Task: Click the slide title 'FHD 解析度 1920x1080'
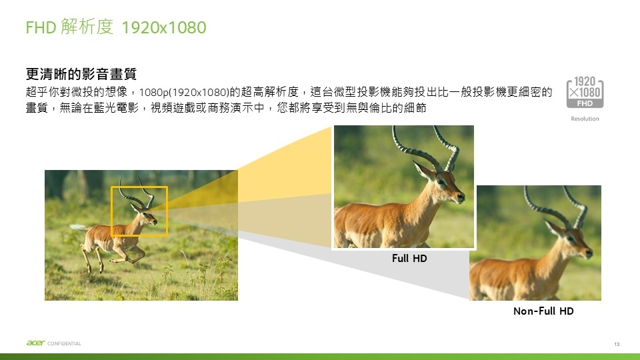(x=116, y=27)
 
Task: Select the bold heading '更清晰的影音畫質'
(x=81, y=74)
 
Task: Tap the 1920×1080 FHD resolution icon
(x=585, y=92)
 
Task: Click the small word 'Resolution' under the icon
(x=585, y=119)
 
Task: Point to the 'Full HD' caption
(x=409, y=259)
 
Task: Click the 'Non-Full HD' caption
(x=543, y=311)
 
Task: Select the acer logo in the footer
(x=35, y=343)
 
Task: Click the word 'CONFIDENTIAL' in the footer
(x=64, y=344)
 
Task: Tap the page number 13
(x=617, y=344)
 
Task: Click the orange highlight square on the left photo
(x=111, y=211)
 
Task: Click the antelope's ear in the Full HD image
(x=423, y=169)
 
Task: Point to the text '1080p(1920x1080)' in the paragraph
(x=184, y=92)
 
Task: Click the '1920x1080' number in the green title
(x=164, y=28)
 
